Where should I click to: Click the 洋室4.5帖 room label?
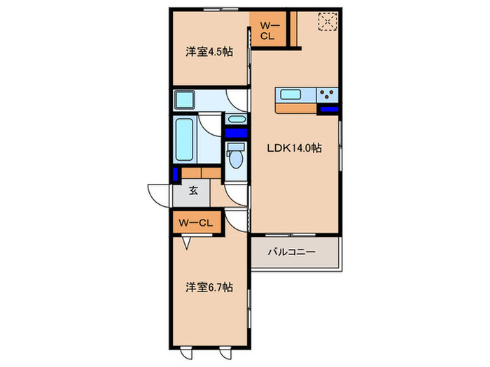click(x=209, y=52)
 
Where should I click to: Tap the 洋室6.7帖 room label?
click(x=209, y=287)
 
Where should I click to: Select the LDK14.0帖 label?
click(x=293, y=148)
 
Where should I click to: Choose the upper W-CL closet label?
click(x=269, y=31)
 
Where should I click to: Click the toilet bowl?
click(x=236, y=158)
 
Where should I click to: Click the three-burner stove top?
click(x=328, y=94)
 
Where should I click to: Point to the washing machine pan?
click(x=187, y=100)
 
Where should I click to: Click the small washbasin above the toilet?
click(x=237, y=120)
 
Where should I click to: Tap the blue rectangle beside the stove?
click(x=328, y=109)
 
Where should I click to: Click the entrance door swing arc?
click(x=157, y=194)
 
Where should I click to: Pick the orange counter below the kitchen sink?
click(x=297, y=108)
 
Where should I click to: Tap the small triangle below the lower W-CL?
click(x=186, y=243)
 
